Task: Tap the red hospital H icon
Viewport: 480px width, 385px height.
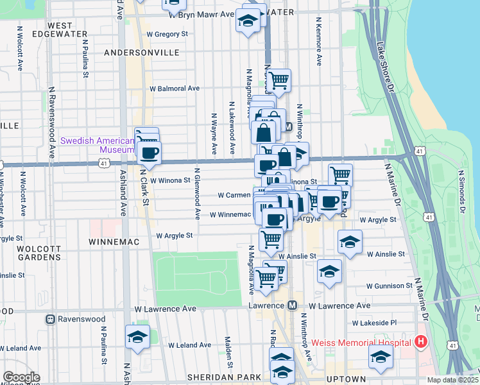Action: click(421, 342)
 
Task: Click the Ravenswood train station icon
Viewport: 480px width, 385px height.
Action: click(50, 319)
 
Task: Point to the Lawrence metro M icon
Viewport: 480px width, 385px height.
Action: click(292, 305)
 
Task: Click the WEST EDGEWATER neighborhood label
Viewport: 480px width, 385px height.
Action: click(51, 30)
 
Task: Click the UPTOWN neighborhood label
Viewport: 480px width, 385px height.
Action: click(346, 379)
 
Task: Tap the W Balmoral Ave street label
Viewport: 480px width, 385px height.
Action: click(175, 89)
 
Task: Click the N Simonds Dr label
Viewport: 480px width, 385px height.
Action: click(461, 191)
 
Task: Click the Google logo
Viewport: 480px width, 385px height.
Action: click(21, 378)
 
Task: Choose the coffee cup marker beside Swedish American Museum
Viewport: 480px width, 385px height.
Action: click(150, 153)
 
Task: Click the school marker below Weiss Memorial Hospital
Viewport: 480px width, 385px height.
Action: click(381, 357)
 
